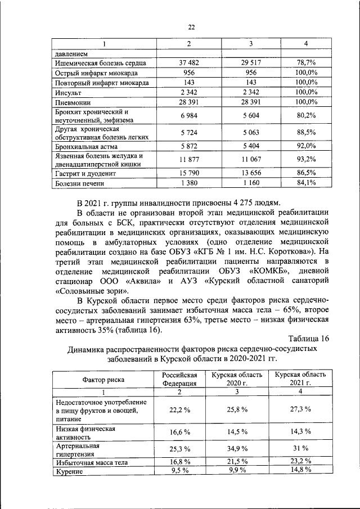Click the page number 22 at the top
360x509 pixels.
(x=191, y=27)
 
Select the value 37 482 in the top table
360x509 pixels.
(x=190, y=63)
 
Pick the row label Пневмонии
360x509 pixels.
(x=73, y=102)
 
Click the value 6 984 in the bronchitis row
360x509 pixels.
(x=190, y=115)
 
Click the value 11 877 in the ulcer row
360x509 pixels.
(x=190, y=160)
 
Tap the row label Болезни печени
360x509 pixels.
(x=78, y=183)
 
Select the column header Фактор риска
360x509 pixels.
(x=100, y=379)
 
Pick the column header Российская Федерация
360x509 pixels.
(x=179, y=379)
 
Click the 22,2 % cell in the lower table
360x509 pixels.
(x=179, y=409)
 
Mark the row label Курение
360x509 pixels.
(x=70, y=472)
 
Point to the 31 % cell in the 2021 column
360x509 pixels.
(x=301, y=448)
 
